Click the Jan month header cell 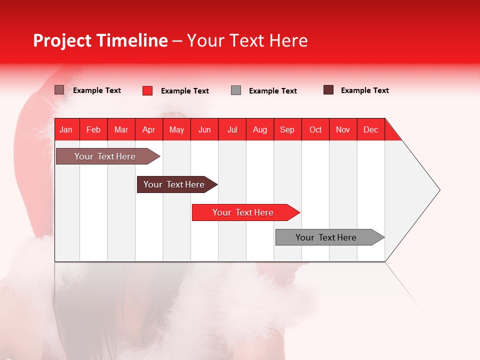66,129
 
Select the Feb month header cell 93,129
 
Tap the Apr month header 149,129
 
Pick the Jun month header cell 204,129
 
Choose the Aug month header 260,129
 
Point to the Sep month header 287,129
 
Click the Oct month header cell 315,129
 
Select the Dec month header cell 371,129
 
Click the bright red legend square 147,90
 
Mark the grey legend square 236,90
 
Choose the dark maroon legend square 328,90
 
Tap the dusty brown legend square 59,90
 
